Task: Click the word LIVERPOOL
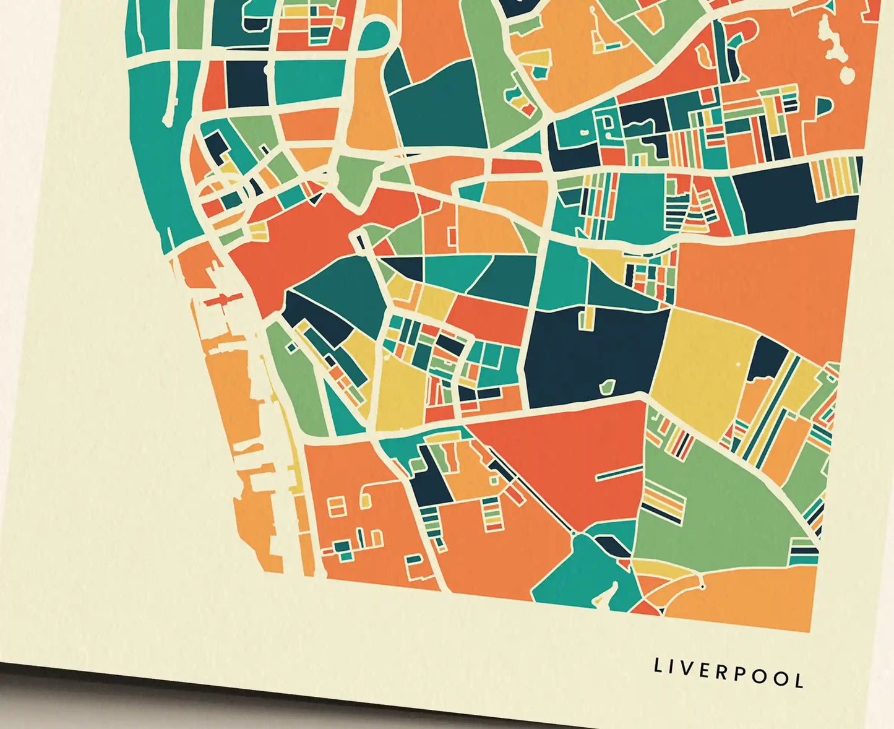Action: tap(729, 673)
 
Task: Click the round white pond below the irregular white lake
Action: tap(847, 75)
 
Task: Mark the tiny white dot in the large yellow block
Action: tap(737, 364)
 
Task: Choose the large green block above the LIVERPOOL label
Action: tap(711, 507)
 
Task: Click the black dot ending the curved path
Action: tap(703, 586)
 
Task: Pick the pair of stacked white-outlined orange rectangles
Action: tap(337, 506)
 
